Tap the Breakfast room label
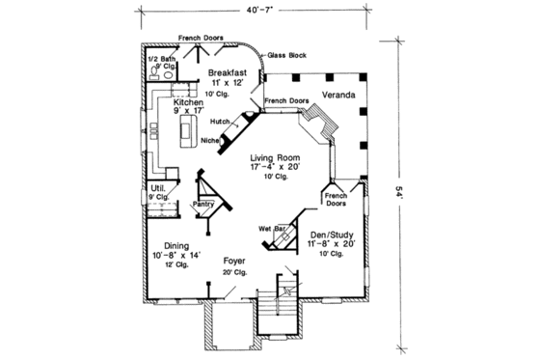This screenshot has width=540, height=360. [x=228, y=72]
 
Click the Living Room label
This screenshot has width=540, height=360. [x=276, y=156]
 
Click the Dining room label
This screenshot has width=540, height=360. [x=175, y=245]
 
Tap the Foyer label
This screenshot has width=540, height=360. [x=234, y=261]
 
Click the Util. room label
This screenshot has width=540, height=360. [x=157, y=187]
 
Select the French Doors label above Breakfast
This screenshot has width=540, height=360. [x=202, y=38]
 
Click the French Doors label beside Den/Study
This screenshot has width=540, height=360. [x=337, y=199]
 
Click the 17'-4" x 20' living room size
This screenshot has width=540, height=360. [x=276, y=167]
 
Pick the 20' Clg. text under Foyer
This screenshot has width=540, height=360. [x=234, y=272]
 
